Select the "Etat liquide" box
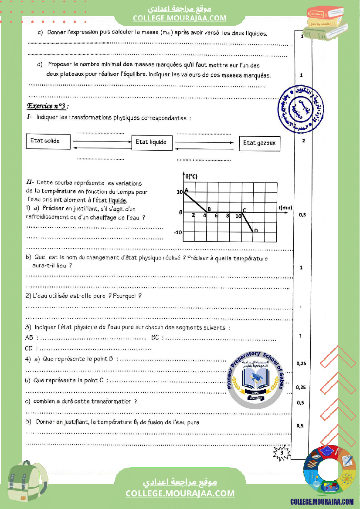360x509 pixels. click(x=151, y=142)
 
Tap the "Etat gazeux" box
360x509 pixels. click(x=259, y=143)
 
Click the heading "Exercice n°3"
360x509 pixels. click(x=48, y=106)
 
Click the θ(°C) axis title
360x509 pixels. click(x=190, y=176)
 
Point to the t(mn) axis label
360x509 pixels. click(x=286, y=208)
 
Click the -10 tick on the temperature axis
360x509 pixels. click(x=178, y=233)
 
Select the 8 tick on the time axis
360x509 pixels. click(x=228, y=216)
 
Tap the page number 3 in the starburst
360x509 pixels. click(x=282, y=453)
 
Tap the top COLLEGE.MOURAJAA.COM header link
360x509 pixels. click(x=180, y=18)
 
